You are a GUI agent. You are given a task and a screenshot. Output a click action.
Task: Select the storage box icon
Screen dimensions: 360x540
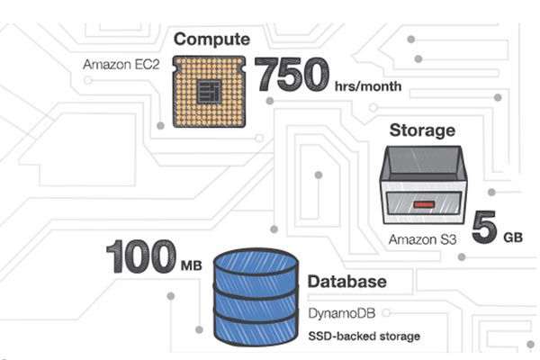[x=423, y=185]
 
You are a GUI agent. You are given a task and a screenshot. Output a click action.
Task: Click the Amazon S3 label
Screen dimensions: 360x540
[x=424, y=240]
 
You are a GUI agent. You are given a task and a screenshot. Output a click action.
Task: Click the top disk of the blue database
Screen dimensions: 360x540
[x=256, y=264]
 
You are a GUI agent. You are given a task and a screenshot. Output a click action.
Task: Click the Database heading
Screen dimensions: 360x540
[x=346, y=282]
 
